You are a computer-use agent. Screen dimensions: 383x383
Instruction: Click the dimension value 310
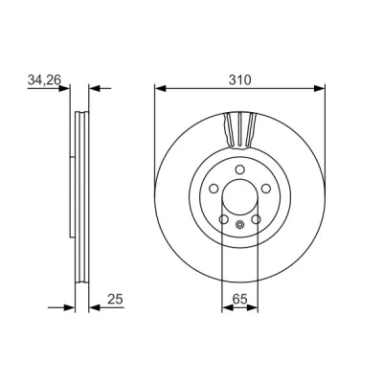tap(240, 79)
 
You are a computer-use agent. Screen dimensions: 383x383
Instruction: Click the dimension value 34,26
tap(44, 79)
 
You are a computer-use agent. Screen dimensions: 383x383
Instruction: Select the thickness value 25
tap(115, 299)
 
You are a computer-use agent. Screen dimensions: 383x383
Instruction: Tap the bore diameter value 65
tap(240, 299)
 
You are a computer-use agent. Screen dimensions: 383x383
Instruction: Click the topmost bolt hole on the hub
tap(239, 169)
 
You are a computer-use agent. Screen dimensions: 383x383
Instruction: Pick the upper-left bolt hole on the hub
tap(214, 189)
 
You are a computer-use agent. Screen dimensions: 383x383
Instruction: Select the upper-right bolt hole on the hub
tap(266, 189)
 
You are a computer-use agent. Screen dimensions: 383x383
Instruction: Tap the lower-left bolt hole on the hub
tap(224, 219)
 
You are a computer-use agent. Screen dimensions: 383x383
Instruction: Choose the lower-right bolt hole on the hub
tap(256, 219)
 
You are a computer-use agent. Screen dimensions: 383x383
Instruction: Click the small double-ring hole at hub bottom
tap(239, 225)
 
